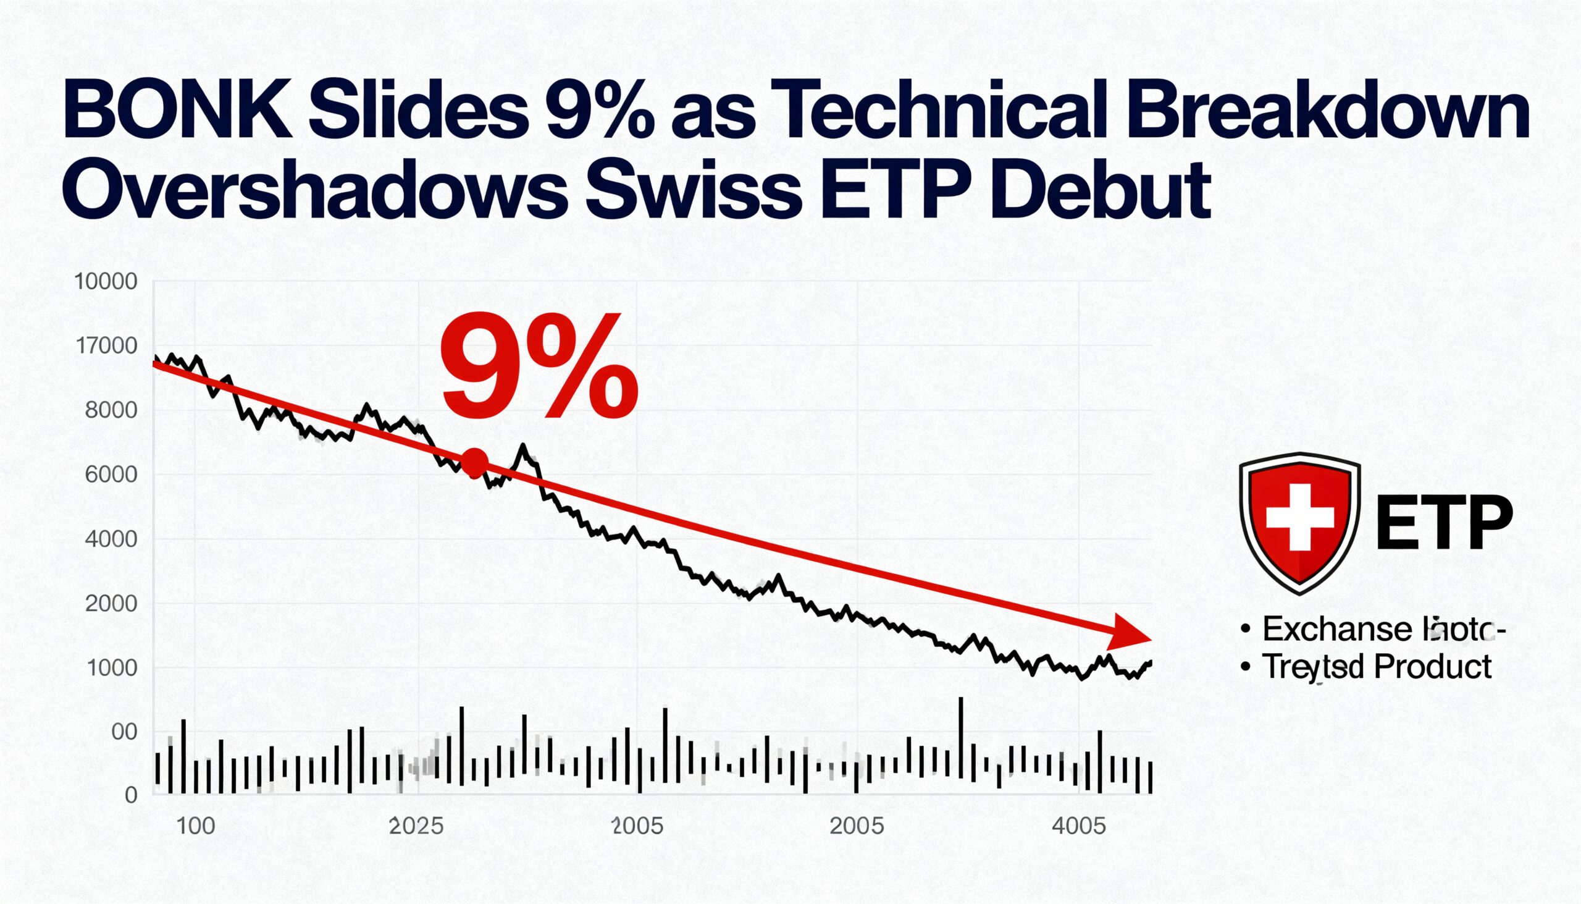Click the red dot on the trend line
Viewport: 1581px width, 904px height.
coord(476,463)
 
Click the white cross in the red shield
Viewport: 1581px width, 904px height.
coord(1299,517)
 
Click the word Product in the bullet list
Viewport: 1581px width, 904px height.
coord(1433,667)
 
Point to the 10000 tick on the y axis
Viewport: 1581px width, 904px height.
coord(106,282)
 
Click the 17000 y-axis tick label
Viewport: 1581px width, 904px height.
coord(106,346)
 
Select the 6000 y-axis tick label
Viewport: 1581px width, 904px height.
coord(111,475)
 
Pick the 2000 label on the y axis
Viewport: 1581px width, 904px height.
coord(111,604)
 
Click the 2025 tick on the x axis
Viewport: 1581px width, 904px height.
coord(416,826)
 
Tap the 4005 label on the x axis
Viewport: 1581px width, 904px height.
coord(1080,826)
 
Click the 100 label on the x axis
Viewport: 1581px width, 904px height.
coord(196,826)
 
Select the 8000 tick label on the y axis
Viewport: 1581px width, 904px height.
coord(111,410)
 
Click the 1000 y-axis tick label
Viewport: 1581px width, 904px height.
coord(112,668)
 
